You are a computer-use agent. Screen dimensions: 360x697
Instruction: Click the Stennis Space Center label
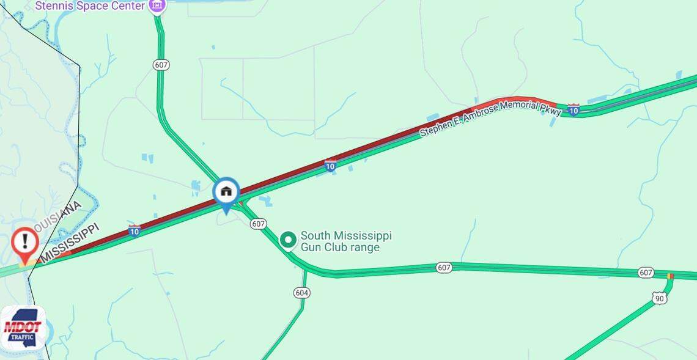coord(90,6)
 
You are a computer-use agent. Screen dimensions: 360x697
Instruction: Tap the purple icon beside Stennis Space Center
coord(157,6)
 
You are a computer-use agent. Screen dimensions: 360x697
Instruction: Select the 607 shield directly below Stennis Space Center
coord(161,65)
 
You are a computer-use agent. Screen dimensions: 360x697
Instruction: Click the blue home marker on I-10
coord(226,192)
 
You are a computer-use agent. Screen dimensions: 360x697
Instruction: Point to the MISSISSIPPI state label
coord(70,243)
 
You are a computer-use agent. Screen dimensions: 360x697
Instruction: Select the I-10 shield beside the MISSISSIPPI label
coord(135,230)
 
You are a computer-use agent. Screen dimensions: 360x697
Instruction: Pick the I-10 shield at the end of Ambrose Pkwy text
coord(573,109)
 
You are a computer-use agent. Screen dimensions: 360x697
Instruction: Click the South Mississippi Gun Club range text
coord(346,241)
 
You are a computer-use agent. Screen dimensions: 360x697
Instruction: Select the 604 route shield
coord(301,293)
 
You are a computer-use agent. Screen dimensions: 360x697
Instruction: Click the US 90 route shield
coord(658,298)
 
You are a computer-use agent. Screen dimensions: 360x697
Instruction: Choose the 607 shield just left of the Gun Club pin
coord(258,224)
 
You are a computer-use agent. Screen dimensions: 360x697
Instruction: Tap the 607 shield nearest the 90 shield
coord(646,272)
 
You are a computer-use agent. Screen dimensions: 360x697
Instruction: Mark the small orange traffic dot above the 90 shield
coord(670,276)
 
